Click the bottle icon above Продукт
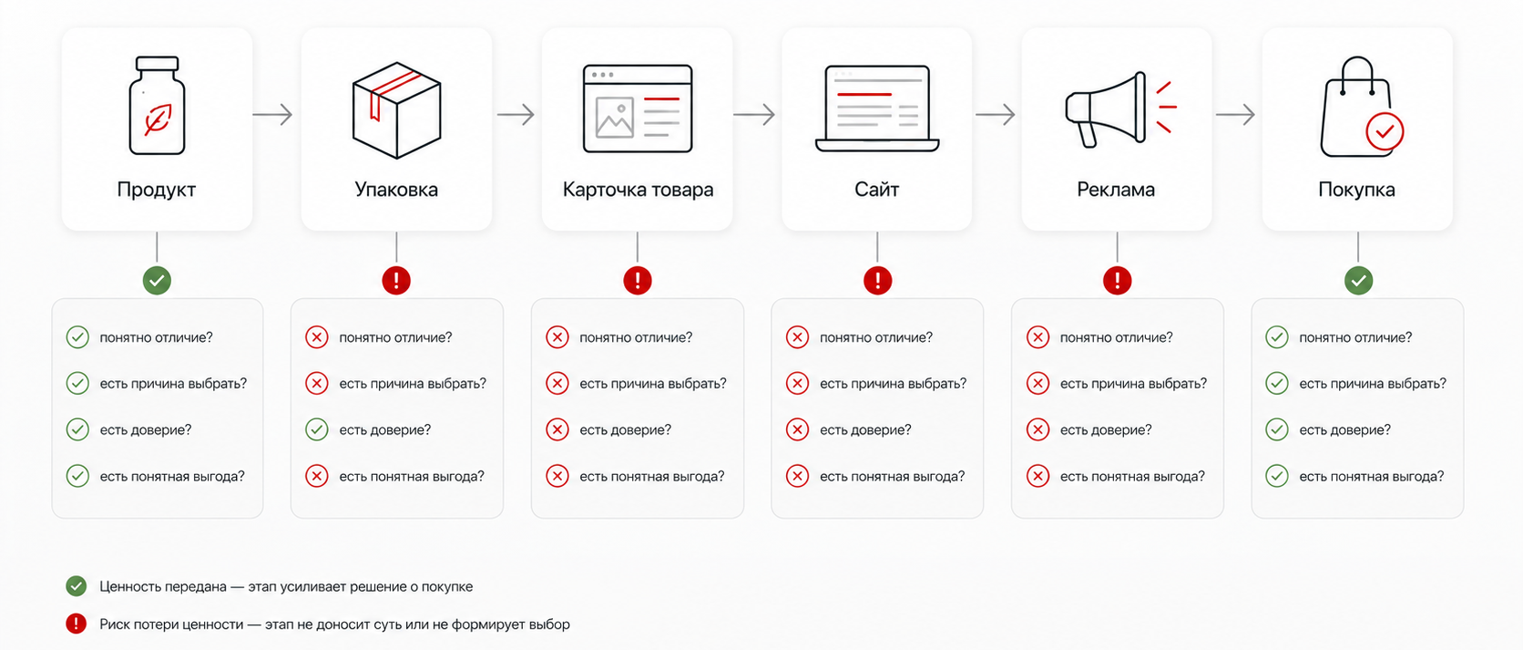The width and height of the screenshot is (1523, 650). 157,106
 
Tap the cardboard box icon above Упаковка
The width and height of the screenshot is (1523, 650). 396,110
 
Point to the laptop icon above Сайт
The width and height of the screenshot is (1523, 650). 877,108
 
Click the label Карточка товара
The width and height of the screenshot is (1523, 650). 638,190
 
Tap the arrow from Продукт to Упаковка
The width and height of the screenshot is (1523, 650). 272,114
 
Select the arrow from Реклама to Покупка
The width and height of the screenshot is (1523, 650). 1235,114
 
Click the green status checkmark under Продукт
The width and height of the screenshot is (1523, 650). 157,281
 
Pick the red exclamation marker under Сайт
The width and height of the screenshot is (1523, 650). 878,281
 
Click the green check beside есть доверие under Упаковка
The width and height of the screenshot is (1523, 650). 317,429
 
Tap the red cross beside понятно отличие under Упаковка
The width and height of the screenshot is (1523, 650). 317,337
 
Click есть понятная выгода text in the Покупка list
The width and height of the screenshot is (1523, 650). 1372,477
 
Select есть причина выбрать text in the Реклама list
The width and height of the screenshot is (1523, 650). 1133,384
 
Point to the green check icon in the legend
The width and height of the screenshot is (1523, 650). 77,586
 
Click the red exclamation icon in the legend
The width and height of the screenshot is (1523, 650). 77,624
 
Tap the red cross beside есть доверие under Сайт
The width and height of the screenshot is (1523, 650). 798,429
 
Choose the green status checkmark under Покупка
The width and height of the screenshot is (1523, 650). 1358,281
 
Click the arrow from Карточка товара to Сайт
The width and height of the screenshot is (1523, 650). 754,114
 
